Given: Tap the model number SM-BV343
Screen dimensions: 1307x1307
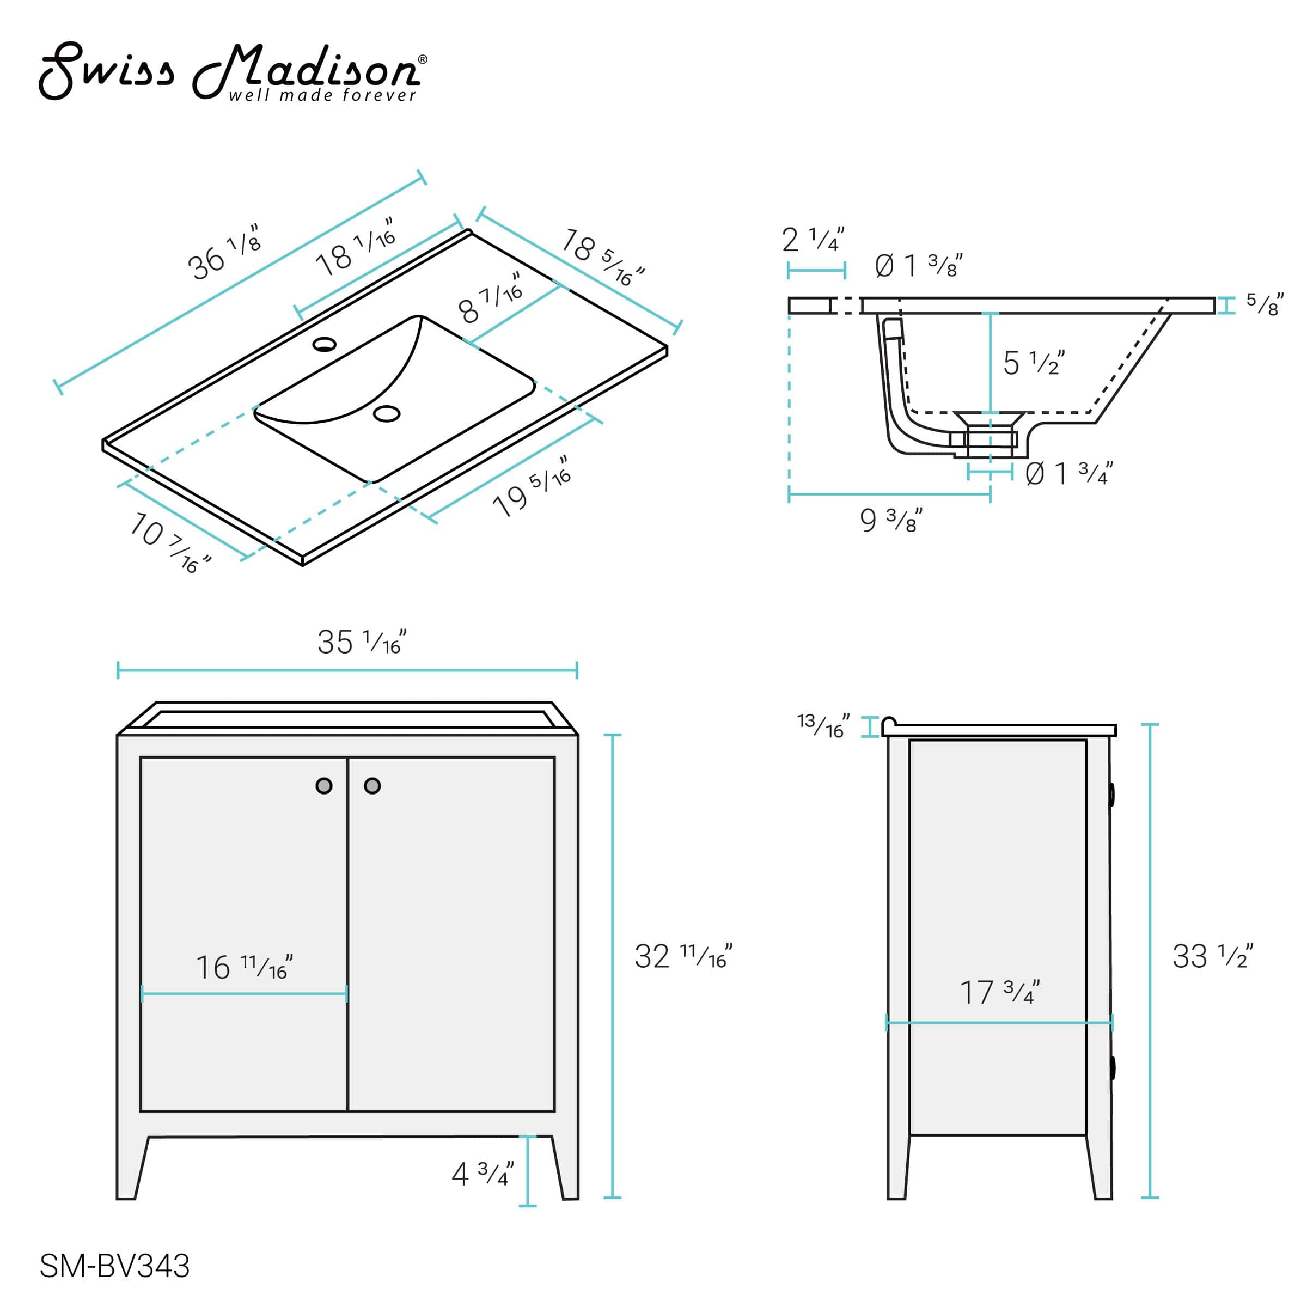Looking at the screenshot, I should click(x=114, y=1266).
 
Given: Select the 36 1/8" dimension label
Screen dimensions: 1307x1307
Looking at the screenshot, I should click(x=223, y=253).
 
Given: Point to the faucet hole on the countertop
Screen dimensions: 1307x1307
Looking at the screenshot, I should click(x=324, y=344).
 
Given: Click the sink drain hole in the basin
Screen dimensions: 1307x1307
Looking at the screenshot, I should click(x=387, y=413).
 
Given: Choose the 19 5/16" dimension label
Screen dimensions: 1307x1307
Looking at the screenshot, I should click(x=532, y=486).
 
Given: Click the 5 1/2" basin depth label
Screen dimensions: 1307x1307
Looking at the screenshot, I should click(x=1034, y=363).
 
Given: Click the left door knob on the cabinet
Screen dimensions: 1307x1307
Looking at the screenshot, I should click(x=324, y=785).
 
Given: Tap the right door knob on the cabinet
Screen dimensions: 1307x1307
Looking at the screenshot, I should click(x=372, y=785).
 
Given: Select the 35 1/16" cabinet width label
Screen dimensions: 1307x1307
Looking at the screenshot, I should click(x=362, y=642).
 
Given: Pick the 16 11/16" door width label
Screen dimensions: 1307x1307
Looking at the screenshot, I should click(x=244, y=967).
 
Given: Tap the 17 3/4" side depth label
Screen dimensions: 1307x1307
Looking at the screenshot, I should click(x=999, y=992).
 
